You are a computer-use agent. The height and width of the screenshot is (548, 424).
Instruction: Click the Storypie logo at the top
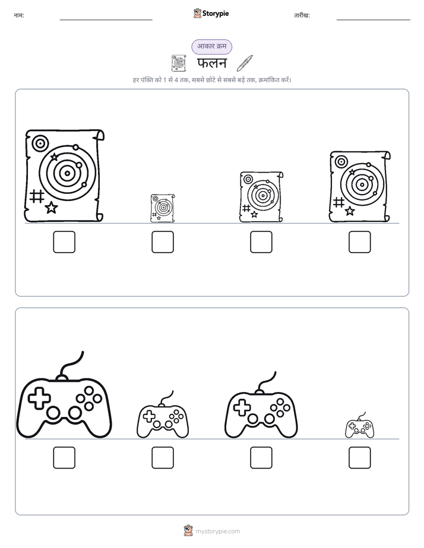[211, 13]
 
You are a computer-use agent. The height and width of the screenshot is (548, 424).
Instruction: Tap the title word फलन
[212, 63]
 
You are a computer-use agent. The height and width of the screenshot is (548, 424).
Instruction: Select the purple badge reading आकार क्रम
[211, 46]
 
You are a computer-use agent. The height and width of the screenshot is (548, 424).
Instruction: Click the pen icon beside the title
[244, 63]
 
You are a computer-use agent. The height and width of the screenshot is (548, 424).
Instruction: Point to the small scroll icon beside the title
[179, 63]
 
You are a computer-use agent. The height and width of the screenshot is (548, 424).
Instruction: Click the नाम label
[19, 15]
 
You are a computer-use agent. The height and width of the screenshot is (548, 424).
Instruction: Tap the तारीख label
[302, 15]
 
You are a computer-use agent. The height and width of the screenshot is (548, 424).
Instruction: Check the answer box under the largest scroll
[64, 242]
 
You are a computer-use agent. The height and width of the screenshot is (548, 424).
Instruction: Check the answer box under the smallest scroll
[163, 242]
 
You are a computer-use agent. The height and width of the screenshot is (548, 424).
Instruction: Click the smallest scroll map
[163, 208]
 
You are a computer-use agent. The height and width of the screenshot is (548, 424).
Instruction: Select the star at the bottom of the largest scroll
[52, 208]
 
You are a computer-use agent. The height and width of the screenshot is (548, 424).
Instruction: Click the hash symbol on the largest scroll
[37, 196]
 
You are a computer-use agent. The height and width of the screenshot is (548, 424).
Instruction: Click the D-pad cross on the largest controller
[39, 398]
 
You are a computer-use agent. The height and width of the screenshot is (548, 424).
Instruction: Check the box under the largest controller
[64, 457]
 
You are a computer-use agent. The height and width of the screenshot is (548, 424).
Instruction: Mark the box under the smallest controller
[360, 457]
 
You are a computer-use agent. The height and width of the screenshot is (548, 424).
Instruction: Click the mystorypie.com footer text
[217, 531]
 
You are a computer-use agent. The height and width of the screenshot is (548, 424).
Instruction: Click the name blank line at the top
[106, 20]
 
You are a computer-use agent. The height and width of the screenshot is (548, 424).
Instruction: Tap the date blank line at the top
[374, 20]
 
